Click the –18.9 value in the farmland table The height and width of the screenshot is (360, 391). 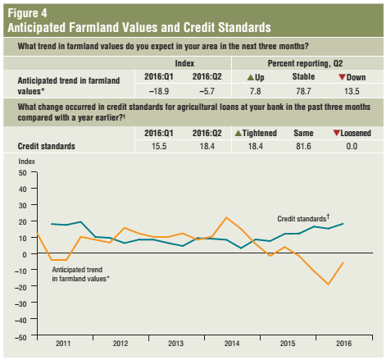click(159, 91)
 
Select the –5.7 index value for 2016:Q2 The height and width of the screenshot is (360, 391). click(207, 91)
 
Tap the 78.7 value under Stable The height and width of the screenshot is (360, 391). click(303, 91)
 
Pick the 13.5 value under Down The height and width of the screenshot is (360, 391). click(352, 91)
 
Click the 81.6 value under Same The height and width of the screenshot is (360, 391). click(303, 146)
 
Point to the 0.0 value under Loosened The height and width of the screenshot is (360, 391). click(352, 146)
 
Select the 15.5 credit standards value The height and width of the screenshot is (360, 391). click(159, 146)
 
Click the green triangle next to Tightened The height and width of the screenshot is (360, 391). click(239, 133)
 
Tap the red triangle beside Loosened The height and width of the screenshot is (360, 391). click(337, 133)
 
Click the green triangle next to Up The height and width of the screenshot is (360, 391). click(251, 77)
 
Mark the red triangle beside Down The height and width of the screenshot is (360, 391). click(342, 77)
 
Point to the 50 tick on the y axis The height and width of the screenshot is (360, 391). click(23, 173)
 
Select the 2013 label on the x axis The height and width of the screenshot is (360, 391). click(175, 344)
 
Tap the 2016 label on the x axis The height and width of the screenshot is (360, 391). click(343, 344)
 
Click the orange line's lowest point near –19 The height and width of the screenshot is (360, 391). click(328, 285)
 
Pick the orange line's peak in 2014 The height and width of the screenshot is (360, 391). click(226, 217)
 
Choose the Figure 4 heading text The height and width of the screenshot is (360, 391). click(27, 13)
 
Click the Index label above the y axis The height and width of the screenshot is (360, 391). click(27, 162)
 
